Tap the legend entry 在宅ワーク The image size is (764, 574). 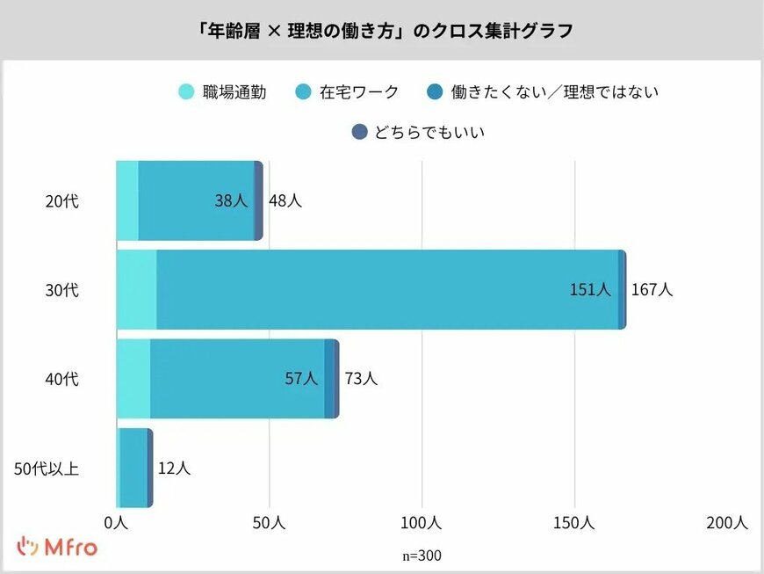coord(347,91)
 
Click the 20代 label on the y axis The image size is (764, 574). coord(61,201)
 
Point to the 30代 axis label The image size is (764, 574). coord(61,290)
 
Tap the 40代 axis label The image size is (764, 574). coord(61,379)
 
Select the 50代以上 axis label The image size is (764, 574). coord(47,468)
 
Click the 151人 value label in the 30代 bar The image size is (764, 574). coord(589,290)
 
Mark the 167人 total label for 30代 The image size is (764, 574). coord(652,290)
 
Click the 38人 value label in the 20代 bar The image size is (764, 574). coord(231,201)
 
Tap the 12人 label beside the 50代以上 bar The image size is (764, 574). coord(173,468)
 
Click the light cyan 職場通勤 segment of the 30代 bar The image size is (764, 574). coord(136,290)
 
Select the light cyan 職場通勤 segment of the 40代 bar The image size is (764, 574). coord(133,379)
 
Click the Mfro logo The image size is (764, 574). coord(58,547)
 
